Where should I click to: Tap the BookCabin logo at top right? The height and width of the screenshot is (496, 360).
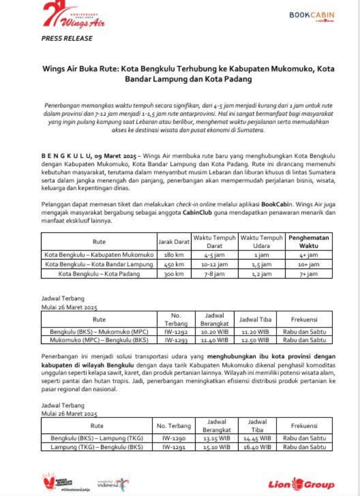tap(311, 16)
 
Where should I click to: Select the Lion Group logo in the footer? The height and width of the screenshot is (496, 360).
tap(301, 483)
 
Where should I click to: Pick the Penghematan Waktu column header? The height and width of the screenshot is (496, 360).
tap(308, 242)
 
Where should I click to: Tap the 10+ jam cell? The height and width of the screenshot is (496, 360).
tap(308, 264)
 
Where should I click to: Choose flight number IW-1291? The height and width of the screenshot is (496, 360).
tap(173, 447)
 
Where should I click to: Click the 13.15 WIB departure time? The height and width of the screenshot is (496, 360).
tap(216, 438)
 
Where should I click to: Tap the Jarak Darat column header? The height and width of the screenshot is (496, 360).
tap(174, 242)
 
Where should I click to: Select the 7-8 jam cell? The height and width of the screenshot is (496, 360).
tap(215, 274)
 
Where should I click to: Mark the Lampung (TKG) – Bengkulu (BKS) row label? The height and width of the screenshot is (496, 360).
tap(97, 447)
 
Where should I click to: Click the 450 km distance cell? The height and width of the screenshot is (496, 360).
tap(174, 264)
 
